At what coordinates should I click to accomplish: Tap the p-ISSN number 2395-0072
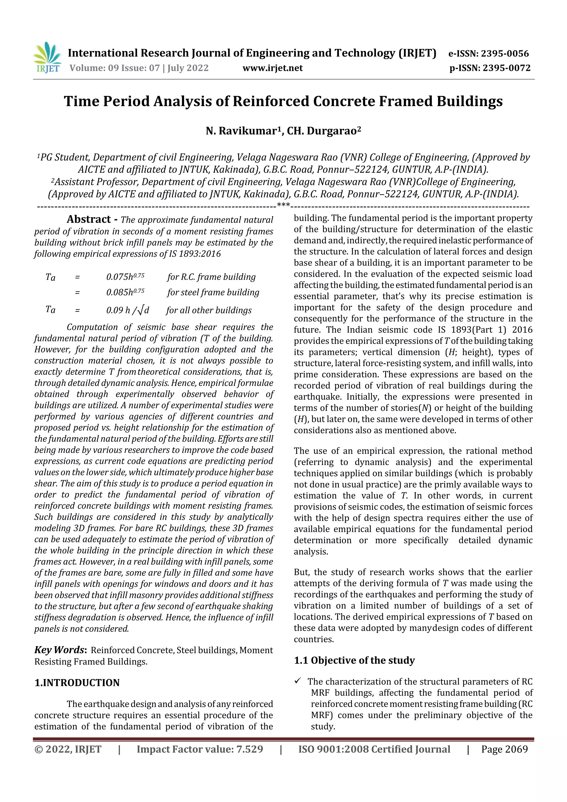pos(507,68)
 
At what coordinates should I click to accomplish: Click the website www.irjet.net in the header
pos(272,68)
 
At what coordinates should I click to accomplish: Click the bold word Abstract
pos(89,219)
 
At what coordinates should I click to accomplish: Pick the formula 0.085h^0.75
pos(125,292)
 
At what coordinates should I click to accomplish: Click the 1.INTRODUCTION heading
pos(77,682)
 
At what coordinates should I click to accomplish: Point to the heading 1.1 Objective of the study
pos(354,660)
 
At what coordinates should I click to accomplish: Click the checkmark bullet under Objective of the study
pos(298,680)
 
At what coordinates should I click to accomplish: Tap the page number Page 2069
pos(504,749)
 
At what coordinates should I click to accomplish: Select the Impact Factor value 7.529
pos(249,749)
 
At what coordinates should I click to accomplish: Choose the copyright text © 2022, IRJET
pos(68,749)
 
